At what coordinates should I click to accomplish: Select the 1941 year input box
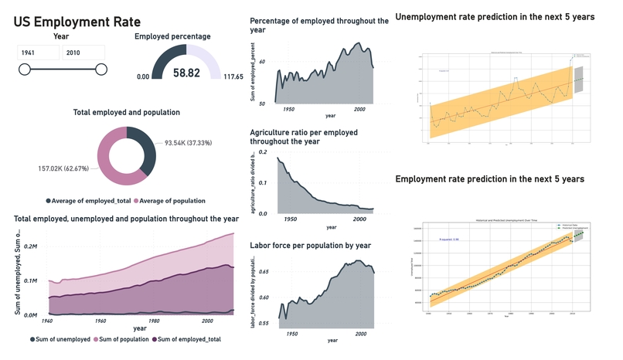click(38, 53)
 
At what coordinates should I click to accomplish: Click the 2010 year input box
click(83, 53)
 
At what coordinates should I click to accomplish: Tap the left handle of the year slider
click(25, 70)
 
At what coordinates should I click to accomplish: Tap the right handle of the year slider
click(101, 70)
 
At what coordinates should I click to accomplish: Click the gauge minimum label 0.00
click(143, 77)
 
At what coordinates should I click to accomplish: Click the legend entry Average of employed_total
click(88, 201)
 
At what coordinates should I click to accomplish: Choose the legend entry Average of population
click(169, 201)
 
